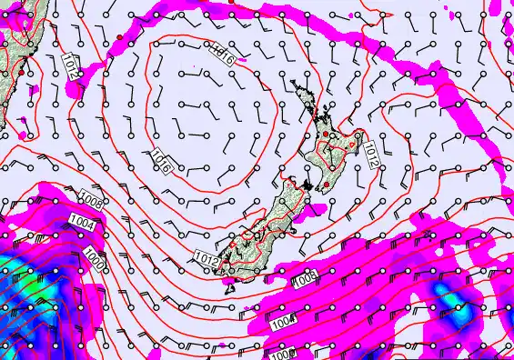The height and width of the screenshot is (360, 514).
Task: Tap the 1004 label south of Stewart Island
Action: (x=284, y=320)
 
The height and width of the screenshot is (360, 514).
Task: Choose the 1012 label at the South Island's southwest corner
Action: (x=206, y=258)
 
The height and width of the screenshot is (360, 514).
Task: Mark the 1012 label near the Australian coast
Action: (x=74, y=63)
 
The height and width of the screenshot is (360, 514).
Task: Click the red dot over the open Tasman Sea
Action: (x=119, y=36)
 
